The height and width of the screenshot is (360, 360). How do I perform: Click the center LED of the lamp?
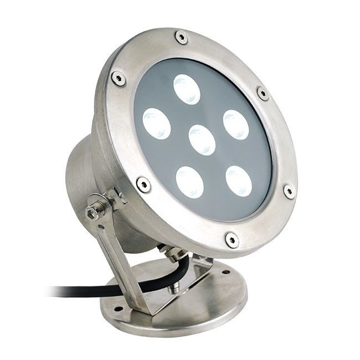pos(202,140)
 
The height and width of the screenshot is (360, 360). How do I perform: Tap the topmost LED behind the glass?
pos(186,89)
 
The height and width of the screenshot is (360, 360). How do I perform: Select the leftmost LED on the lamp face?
pos(156,123)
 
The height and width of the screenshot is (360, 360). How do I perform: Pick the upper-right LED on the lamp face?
pos(235,125)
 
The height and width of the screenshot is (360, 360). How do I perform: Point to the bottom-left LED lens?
pos(190,181)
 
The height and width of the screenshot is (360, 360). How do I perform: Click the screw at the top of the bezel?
pos(181,37)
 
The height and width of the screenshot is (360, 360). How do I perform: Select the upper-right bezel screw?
pos(263,93)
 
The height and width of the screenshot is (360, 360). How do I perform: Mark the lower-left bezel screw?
pos(143,184)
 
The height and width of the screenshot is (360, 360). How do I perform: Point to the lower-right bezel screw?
pos(289,191)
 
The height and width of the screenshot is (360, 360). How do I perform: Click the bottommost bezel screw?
pos(232,239)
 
